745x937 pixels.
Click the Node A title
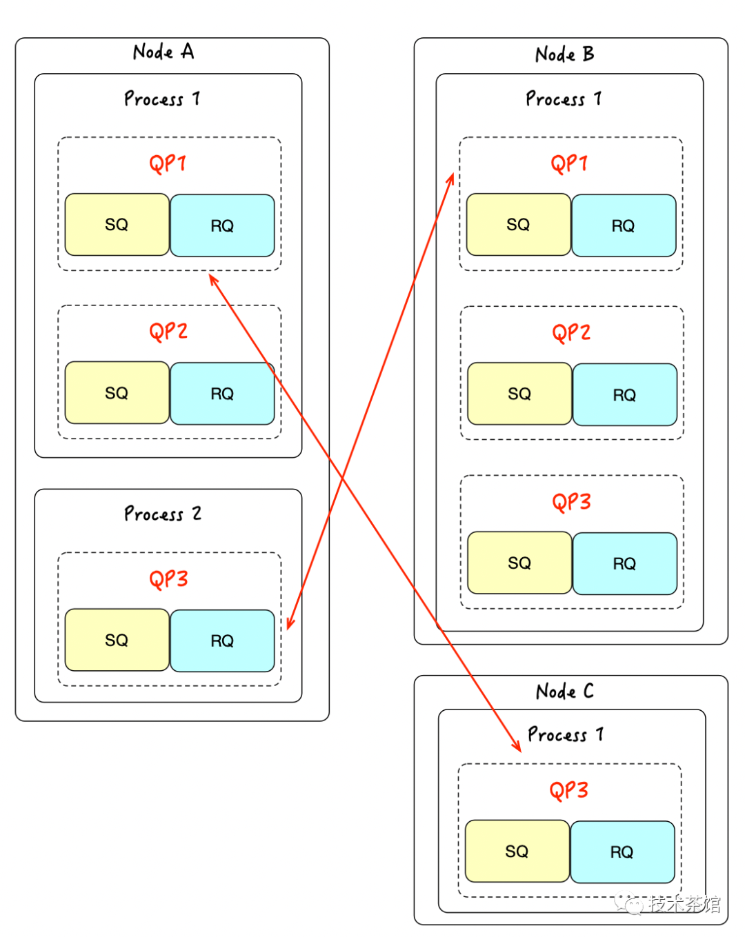(163, 52)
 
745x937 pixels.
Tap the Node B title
(564, 54)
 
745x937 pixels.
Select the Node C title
(564, 691)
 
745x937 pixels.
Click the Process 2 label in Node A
(163, 514)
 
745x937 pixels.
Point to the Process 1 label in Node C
(565, 734)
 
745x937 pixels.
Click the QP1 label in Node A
(168, 163)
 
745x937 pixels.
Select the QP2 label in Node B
(571, 332)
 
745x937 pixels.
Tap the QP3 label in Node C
(569, 789)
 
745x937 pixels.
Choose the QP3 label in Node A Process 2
(168, 578)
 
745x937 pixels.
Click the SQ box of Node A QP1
(117, 225)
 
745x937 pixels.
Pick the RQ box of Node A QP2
(222, 394)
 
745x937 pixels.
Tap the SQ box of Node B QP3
(519, 563)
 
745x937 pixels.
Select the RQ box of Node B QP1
(624, 225)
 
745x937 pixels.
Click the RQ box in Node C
(622, 852)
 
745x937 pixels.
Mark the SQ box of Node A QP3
(117, 640)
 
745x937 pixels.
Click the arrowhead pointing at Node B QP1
(451, 179)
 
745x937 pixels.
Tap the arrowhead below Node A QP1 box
(213, 279)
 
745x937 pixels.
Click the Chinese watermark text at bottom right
(683, 904)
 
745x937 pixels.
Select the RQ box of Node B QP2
(625, 394)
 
